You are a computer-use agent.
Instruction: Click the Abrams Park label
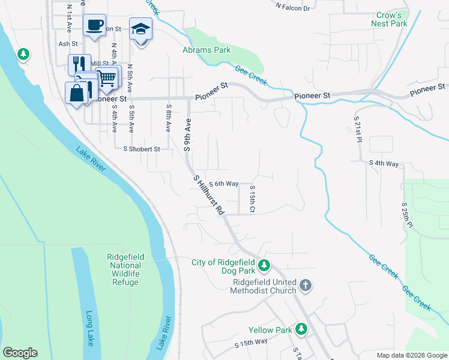pos(206,50)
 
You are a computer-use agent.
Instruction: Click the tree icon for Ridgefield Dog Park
pos(264,264)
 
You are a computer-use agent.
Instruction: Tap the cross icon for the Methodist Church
pos(306,285)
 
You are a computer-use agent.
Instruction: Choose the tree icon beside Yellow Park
pos(301,329)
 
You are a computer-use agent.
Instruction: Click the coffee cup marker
pos(94,25)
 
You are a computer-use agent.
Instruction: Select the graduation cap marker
pos(140,29)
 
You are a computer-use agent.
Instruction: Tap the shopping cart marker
pos(107,77)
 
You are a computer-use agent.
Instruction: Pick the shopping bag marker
pos(76,93)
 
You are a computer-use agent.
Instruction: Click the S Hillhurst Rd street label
pos(209,195)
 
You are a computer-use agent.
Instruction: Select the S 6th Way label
pos(223,184)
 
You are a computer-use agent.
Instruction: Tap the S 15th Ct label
pos(253,199)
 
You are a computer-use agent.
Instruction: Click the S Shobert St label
pos(142,149)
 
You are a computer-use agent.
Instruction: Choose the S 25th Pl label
pos(406,214)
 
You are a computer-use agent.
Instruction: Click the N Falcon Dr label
pos(292,8)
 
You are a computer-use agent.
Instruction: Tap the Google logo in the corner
pos(20,353)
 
